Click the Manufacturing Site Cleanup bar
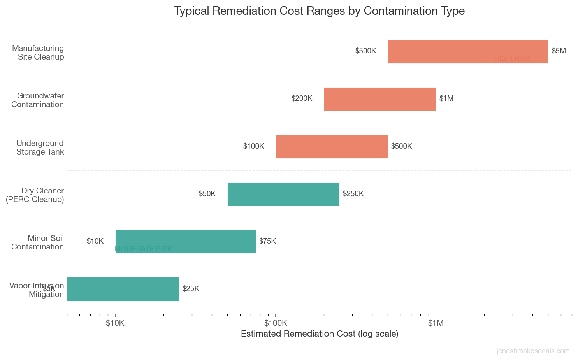point(467,51)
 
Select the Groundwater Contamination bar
point(379,99)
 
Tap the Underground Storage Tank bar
point(331,146)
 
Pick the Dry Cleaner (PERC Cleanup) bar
point(283,194)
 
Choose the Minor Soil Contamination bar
point(185,241)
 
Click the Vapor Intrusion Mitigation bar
point(123,289)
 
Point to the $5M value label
point(559,51)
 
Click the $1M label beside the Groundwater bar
point(446,98)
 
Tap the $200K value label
point(302,98)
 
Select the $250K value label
point(353,194)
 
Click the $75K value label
point(267,241)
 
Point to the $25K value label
point(191,289)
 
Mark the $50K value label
point(207,194)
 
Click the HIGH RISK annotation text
point(512,59)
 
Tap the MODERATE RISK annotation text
point(144,249)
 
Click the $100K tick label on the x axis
point(275,323)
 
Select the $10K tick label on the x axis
point(115,323)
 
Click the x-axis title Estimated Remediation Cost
point(319,334)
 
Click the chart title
point(319,11)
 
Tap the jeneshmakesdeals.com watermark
point(533,351)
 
